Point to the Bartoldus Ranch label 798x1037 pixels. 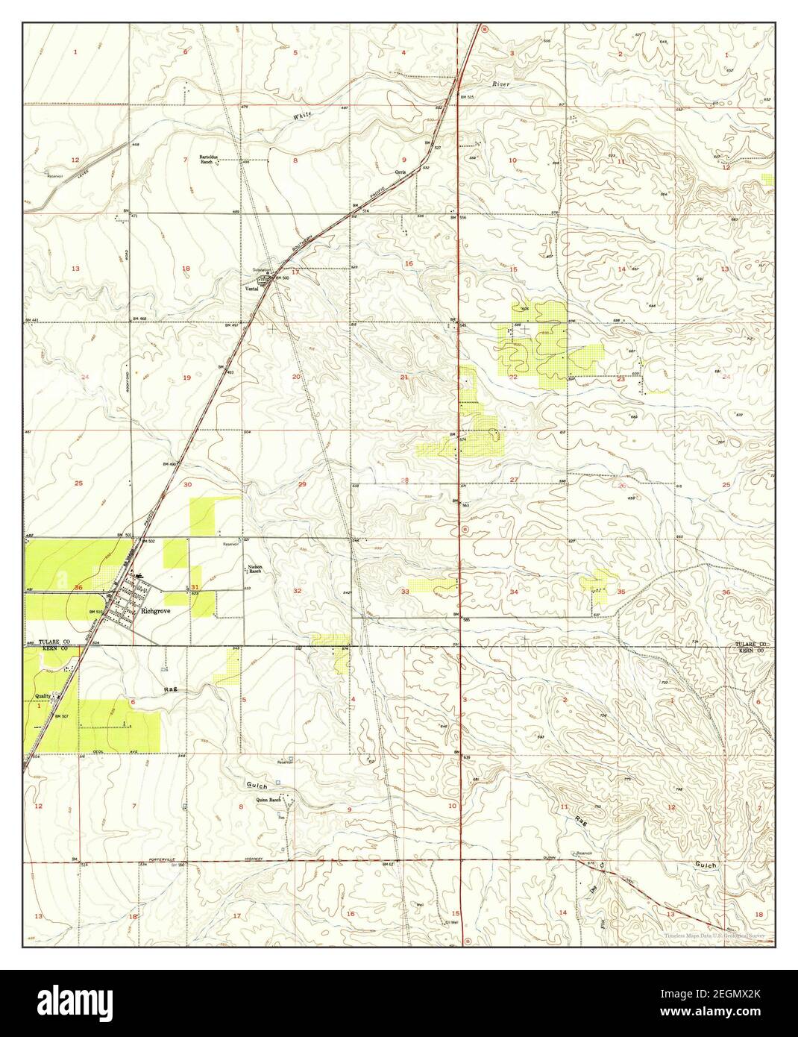(x=210, y=159)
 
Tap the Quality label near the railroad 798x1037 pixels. (x=43, y=696)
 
